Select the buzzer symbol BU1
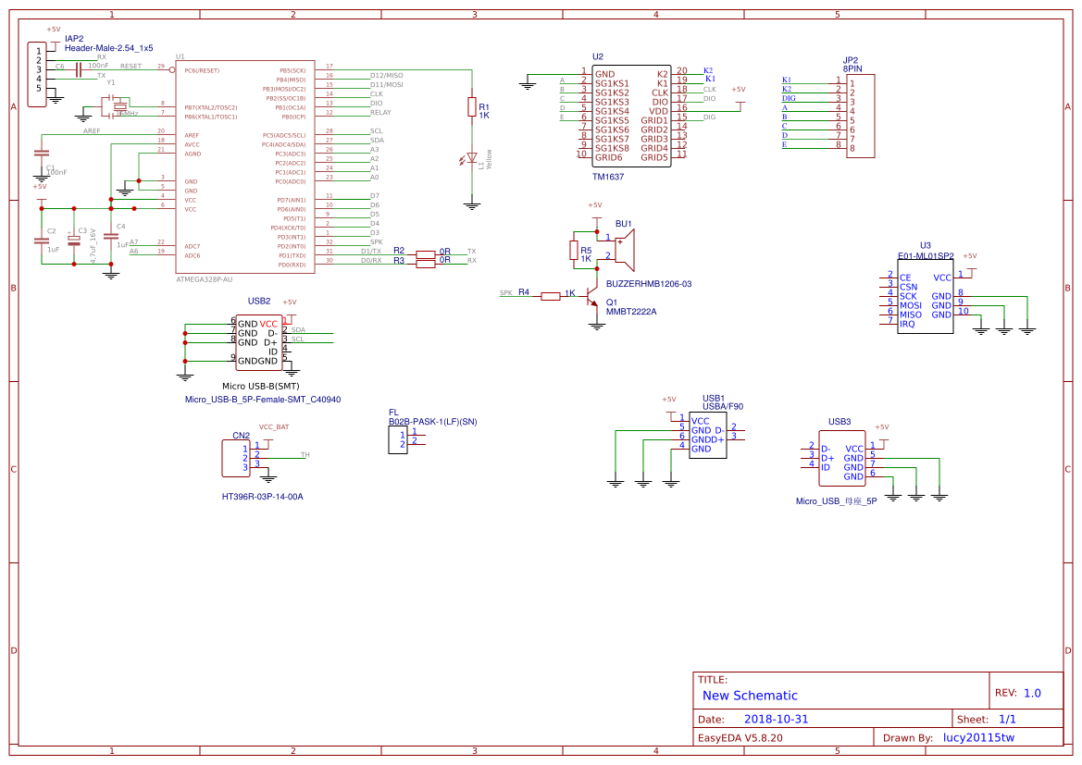pos(626,249)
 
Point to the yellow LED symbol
pos(472,159)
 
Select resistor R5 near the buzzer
pos(573,250)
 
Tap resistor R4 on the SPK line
pos(551,296)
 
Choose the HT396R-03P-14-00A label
pos(262,497)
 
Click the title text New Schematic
pos(750,696)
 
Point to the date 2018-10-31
pos(776,719)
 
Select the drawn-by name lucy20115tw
pos(978,737)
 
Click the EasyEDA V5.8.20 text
pos(740,738)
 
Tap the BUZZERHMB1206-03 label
pos(649,284)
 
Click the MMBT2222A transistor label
pos(631,312)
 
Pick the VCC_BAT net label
pos(273,427)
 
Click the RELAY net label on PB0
pos(380,113)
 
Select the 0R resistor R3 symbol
pos(426,264)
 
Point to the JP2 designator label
pos(851,59)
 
